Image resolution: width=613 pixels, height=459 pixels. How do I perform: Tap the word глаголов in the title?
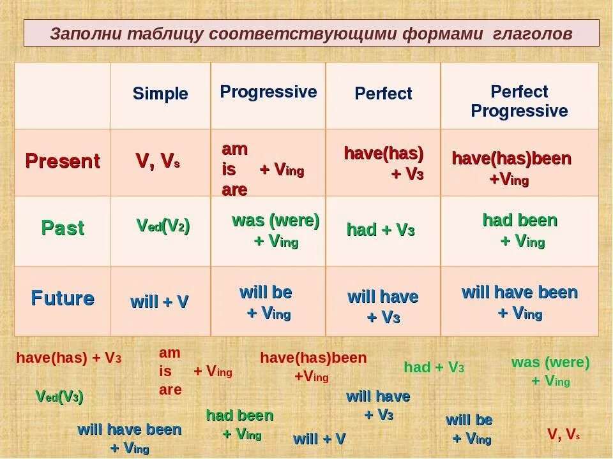pos(533,34)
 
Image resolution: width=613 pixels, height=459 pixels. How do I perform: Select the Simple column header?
pos(160,94)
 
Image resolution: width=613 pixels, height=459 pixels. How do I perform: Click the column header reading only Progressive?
pos(268,92)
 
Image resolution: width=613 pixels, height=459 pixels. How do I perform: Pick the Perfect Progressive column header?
pos(519,101)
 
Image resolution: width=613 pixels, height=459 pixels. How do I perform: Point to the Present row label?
pos(63,161)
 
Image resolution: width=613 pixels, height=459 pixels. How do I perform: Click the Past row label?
pos(63,228)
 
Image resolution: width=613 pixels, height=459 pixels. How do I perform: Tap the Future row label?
pos(63,298)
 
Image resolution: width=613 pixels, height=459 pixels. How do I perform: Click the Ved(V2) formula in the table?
pos(163,226)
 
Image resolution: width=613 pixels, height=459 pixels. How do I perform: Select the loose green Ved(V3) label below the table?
pos(59,397)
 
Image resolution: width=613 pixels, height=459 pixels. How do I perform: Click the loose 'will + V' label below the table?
pos(319,439)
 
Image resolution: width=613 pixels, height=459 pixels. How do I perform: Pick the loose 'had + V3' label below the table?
pos(434,367)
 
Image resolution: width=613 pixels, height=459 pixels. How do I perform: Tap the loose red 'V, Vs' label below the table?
pos(563,434)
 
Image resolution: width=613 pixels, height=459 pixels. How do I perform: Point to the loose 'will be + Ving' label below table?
pos(469,429)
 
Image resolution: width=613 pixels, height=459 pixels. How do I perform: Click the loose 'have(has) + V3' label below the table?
pos(69,358)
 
